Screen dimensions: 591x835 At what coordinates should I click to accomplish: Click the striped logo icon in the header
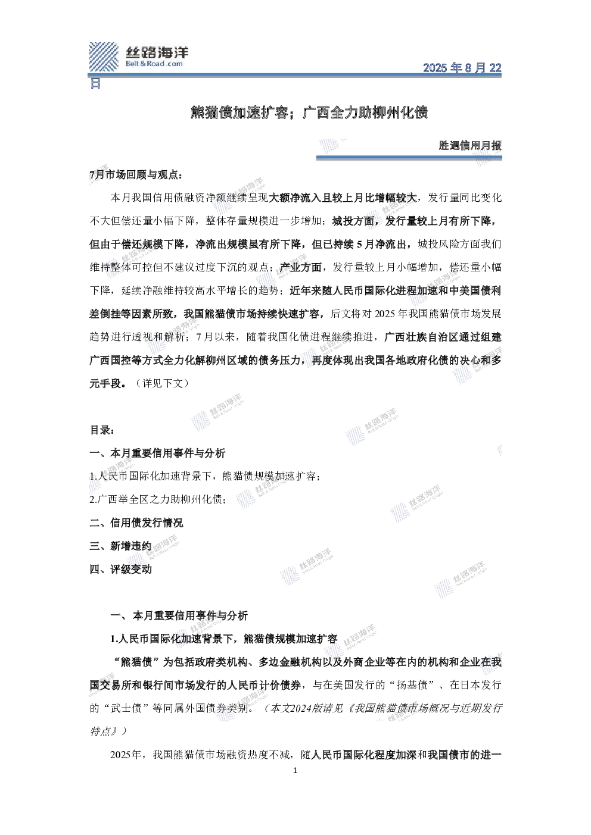103,57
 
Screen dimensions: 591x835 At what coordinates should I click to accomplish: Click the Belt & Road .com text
154,64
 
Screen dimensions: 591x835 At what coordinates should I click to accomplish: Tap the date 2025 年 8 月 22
462,68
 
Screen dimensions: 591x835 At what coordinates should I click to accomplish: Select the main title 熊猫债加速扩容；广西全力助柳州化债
309,112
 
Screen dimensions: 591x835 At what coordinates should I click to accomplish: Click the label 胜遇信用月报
470,145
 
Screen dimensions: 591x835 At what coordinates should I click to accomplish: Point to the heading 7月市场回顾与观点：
136,175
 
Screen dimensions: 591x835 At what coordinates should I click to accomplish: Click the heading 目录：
102,430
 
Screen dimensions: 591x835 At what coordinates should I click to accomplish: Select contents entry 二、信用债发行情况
136,523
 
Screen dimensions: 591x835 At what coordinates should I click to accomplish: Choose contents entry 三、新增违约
120,546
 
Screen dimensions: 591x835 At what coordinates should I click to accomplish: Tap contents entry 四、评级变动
120,569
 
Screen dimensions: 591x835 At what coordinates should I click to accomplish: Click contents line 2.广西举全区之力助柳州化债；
158,499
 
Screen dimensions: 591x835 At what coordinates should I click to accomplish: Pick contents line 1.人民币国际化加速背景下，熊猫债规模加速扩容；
205,476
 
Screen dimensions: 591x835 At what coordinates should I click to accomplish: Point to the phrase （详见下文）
163,383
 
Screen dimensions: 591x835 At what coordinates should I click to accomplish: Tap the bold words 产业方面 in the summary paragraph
301,267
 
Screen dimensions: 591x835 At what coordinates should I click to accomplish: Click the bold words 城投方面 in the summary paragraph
353,221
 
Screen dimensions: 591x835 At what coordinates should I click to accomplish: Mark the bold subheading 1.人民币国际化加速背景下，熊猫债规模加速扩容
224,639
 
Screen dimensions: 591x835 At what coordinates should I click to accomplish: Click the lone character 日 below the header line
95,83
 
